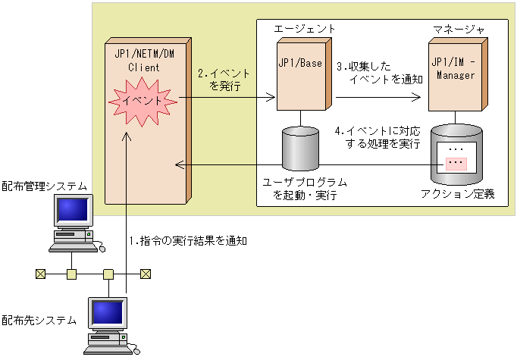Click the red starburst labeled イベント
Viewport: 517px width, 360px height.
coord(144,101)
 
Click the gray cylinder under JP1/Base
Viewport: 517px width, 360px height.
coord(301,149)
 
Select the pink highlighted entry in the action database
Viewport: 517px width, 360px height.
coord(456,164)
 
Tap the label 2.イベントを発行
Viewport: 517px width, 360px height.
coord(224,80)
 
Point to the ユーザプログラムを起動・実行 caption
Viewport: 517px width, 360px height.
coord(305,189)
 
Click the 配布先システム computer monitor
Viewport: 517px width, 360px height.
coord(107,314)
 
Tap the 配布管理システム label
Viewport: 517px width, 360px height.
coord(45,186)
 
